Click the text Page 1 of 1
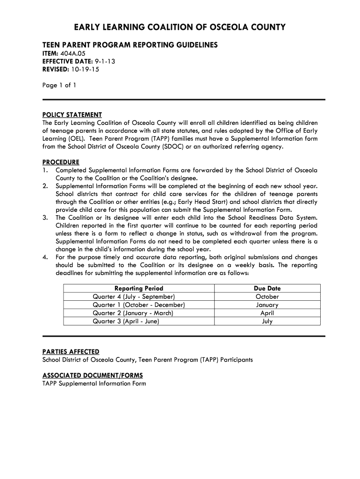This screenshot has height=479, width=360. [59, 85]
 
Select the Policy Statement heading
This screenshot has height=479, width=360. [72, 115]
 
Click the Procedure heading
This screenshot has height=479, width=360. [61, 162]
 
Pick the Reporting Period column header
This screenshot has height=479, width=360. [139, 289]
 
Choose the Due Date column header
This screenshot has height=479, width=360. [267, 289]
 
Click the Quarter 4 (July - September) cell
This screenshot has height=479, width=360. [134, 297]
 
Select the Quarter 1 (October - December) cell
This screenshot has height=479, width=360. [139, 305]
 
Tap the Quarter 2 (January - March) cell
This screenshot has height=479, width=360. [133, 313]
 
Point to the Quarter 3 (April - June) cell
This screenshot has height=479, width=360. [126, 321]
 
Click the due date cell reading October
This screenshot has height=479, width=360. [267, 297]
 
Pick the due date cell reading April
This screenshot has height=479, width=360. [267, 313]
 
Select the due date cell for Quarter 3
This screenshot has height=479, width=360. [267, 321]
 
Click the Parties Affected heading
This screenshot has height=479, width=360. [71, 352]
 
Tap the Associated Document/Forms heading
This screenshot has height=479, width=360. [93, 376]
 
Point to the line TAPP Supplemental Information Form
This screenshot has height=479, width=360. [94, 384]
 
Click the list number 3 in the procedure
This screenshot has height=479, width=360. [45, 218]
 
